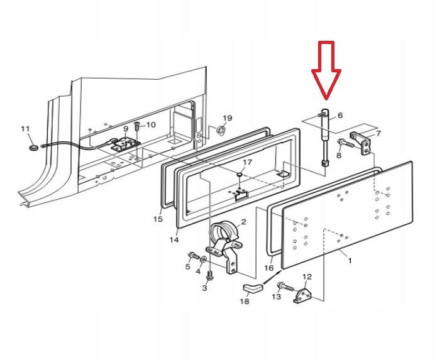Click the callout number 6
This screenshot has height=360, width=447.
[340, 115]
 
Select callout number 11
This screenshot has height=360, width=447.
[25, 129]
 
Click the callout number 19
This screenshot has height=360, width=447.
[227, 118]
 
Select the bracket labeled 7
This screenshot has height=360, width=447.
[361, 139]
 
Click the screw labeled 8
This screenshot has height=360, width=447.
[343, 142]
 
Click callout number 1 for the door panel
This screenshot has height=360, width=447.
[350, 259]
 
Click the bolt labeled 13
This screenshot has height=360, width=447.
[284, 287]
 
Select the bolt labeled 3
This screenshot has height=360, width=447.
[210, 275]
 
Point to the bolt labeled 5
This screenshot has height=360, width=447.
[191, 256]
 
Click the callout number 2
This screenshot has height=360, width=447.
[243, 222]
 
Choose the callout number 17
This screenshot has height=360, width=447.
[247, 162]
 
